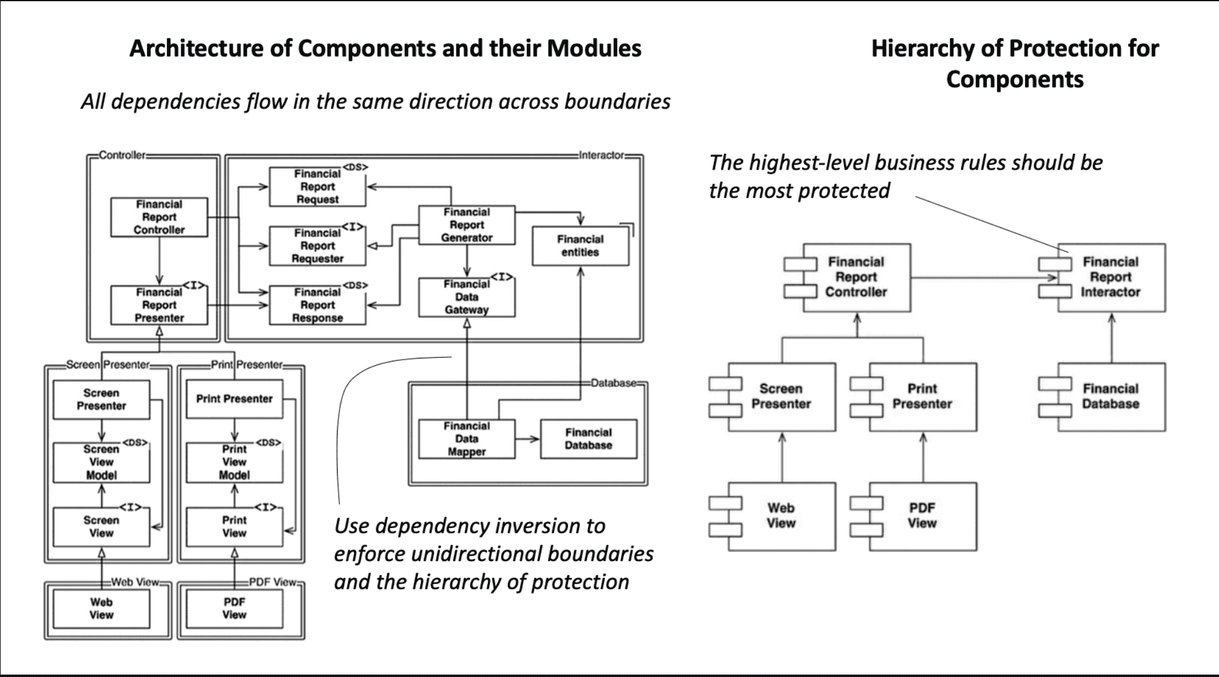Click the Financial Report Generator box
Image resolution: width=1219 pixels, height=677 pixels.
tap(467, 225)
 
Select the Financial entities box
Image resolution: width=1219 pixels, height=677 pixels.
tap(580, 246)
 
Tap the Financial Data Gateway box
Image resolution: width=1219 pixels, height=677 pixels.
tap(467, 297)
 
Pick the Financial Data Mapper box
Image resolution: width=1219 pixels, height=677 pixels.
tap(467, 439)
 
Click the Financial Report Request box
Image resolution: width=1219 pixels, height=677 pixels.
tap(317, 186)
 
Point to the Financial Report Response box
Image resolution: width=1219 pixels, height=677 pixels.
tap(317, 305)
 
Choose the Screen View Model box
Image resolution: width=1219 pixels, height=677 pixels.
tap(101, 462)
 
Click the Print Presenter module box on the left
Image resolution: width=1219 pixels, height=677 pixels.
tap(235, 399)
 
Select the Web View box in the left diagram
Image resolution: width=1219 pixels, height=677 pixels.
tap(101, 608)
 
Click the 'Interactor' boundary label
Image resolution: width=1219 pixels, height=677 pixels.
tap(601, 155)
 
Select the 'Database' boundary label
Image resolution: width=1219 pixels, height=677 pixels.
tap(613, 383)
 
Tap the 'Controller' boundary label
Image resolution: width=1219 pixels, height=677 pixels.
tap(122, 155)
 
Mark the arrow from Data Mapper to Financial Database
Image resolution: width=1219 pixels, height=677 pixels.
tap(528, 439)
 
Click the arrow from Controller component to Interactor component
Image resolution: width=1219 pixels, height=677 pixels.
tap(984, 278)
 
